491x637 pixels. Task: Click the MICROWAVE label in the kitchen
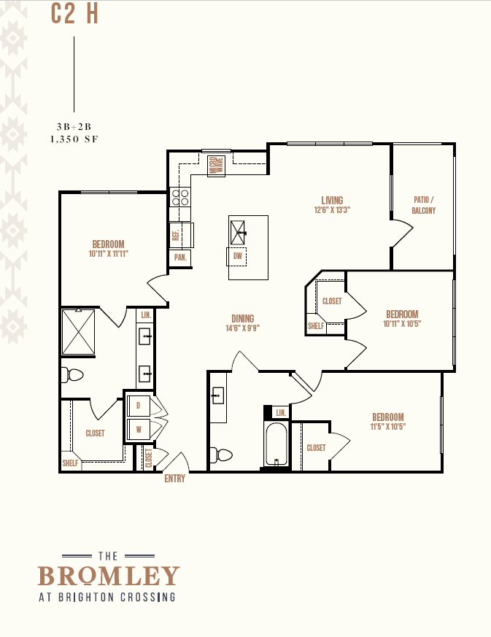click(216, 166)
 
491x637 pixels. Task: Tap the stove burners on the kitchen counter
click(180, 197)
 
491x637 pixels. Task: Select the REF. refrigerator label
click(176, 235)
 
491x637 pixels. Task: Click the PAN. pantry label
click(180, 258)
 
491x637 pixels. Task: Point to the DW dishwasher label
click(238, 256)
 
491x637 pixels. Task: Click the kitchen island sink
click(238, 233)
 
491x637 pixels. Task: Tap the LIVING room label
click(332, 200)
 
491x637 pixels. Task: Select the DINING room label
click(243, 318)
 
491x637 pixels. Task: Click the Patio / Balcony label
click(424, 205)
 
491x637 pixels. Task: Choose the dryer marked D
click(139, 406)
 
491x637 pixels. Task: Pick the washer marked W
click(139, 429)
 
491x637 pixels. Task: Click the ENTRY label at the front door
click(174, 479)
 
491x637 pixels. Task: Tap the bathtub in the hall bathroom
click(277, 444)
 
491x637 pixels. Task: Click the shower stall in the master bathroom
click(78, 331)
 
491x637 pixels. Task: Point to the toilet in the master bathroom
click(72, 375)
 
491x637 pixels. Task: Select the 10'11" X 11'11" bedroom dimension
click(109, 254)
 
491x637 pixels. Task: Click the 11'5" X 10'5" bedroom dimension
click(388, 427)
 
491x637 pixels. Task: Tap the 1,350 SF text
click(74, 139)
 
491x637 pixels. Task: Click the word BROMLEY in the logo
click(109, 576)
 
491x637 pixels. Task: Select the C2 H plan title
click(74, 14)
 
